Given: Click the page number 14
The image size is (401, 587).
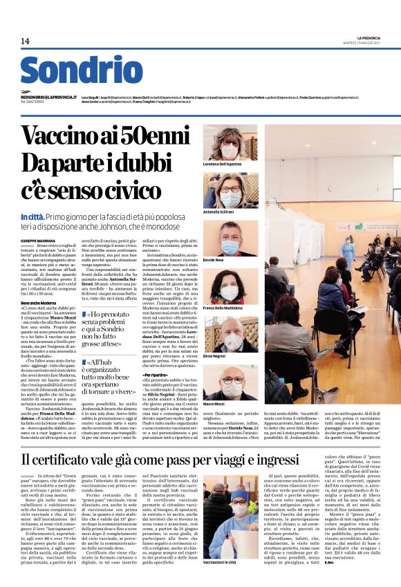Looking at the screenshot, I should click(26, 42).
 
